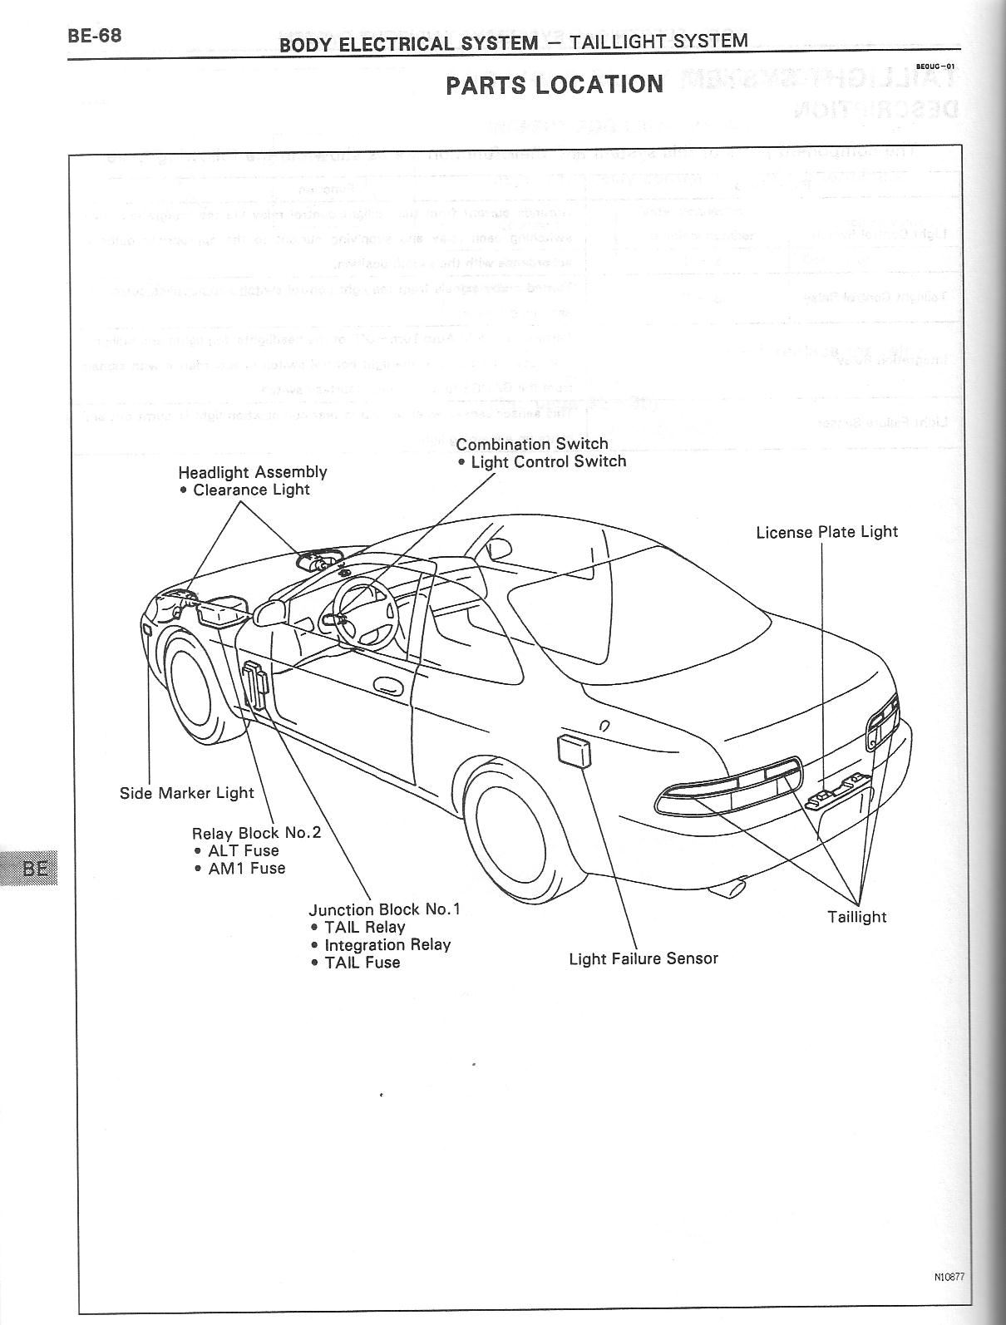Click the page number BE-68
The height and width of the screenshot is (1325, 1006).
pyautogui.click(x=96, y=37)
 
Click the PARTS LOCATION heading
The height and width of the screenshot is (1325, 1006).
pyautogui.click(x=555, y=85)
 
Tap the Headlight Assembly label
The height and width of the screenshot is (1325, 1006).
pyautogui.click(x=253, y=472)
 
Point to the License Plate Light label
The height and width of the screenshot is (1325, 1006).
pyautogui.click(x=826, y=532)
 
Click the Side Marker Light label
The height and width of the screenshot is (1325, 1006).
pyautogui.click(x=187, y=793)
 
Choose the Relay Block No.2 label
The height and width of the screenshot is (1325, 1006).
pyautogui.click(x=256, y=833)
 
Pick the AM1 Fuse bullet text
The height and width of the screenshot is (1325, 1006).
pyautogui.click(x=246, y=869)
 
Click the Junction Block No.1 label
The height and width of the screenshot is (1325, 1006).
pyautogui.click(x=384, y=909)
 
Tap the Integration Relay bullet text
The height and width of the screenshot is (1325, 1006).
pyautogui.click(x=387, y=945)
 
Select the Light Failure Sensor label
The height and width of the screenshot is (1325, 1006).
pyautogui.click(x=644, y=958)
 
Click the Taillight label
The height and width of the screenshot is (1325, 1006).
pyautogui.click(x=856, y=917)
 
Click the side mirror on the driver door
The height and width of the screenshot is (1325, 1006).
pyautogui.click(x=269, y=613)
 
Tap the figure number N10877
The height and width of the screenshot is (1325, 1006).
pyautogui.click(x=949, y=1278)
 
